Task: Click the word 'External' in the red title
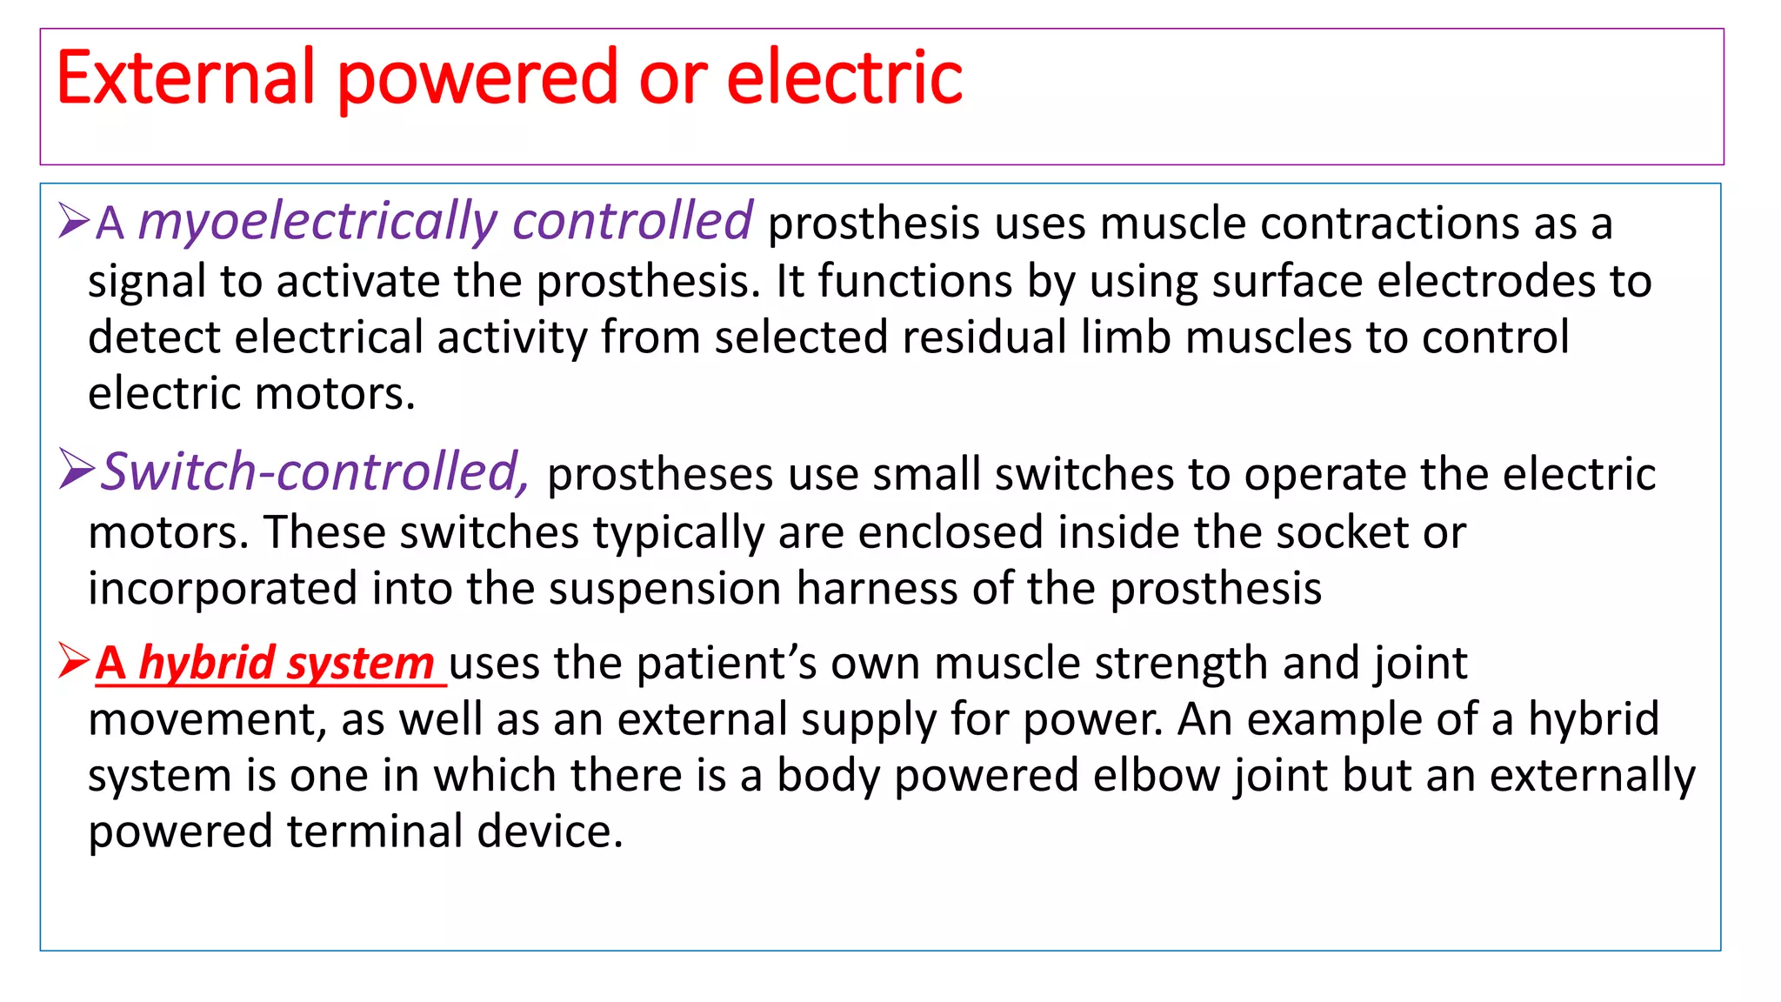point(184,78)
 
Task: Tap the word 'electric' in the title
point(844,78)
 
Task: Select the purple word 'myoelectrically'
point(317,223)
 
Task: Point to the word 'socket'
point(1344,532)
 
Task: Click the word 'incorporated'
point(223,590)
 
